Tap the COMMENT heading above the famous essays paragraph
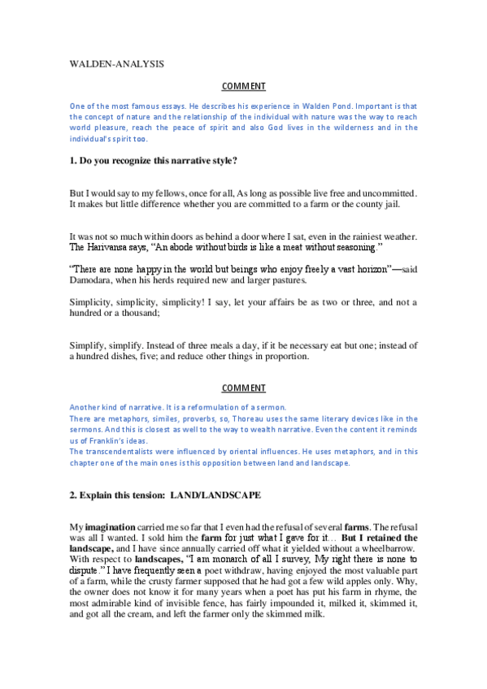tap(243, 86)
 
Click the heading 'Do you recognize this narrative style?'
tap(158, 161)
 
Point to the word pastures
tap(285, 279)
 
